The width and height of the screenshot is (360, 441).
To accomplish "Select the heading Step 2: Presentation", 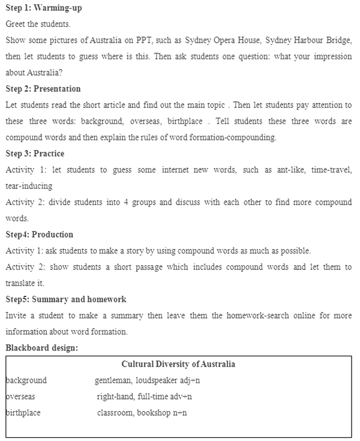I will point(43,89).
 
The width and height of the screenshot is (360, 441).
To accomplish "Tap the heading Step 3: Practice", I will point(35,153).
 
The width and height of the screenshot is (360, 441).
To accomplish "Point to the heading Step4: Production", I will point(39,234).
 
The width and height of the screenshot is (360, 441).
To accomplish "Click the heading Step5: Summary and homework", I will point(66,299).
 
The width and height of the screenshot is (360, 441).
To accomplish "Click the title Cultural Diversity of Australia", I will point(178,364).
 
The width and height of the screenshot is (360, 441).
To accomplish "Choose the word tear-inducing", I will point(29,185).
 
